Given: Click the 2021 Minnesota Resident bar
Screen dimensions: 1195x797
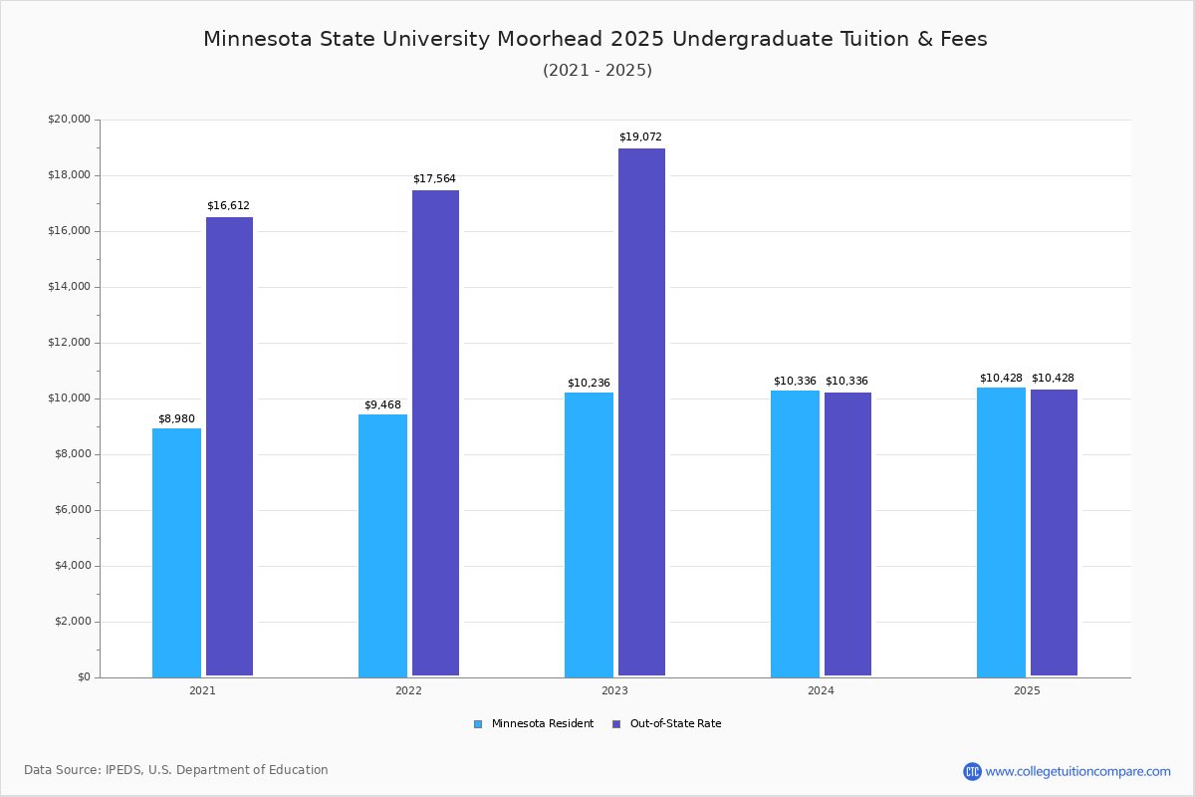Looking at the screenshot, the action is [x=176, y=553].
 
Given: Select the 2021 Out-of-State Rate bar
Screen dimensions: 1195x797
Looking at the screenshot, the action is [x=229, y=446].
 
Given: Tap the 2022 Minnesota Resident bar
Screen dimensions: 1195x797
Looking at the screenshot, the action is [x=382, y=546].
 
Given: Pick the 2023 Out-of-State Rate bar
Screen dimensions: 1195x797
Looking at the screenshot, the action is [x=641, y=412].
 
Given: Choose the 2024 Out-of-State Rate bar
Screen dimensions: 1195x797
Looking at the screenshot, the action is [x=847, y=534].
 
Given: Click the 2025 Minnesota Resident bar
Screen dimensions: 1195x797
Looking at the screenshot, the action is [x=1001, y=532].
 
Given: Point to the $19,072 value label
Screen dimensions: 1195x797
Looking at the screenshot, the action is [x=640, y=136].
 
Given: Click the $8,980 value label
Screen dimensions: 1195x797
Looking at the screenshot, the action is [x=176, y=418].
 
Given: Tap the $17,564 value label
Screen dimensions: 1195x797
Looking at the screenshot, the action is [x=434, y=178].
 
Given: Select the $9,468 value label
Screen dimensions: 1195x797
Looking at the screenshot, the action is [x=382, y=404].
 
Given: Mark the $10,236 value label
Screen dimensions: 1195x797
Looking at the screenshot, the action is [x=589, y=383].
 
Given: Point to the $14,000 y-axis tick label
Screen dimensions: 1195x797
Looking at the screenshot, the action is [x=69, y=287].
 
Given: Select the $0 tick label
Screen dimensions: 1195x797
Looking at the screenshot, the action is [x=85, y=677].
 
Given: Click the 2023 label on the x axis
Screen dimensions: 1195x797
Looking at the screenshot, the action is [x=614, y=690].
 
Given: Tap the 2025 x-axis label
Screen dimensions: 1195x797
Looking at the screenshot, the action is [x=1027, y=690].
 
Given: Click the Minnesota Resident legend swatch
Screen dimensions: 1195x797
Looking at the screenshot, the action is [x=478, y=724].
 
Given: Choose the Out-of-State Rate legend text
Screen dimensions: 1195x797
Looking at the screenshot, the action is [x=675, y=724].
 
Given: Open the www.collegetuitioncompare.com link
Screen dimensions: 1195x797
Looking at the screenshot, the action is [x=1077, y=771].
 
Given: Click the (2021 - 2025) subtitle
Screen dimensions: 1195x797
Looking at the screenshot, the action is [x=597, y=70].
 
